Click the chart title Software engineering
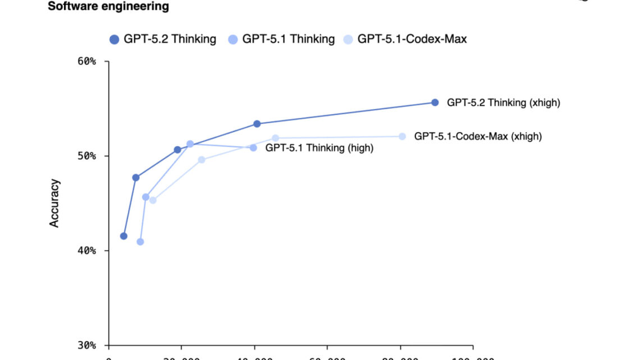tap(108, 7)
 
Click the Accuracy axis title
tap(54, 203)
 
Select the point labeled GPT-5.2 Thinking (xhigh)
tap(435, 102)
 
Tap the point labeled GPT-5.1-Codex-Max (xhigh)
tap(402, 136)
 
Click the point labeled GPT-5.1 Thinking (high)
tap(253, 148)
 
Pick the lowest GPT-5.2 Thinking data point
tap(124, 236)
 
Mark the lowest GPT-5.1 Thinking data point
tap(140, 242)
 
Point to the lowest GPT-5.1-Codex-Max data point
tap(153, 200)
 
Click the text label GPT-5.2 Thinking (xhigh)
tap(503, 103)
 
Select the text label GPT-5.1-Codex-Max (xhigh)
tap(478, 136)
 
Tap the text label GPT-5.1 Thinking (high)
tap(319, 148)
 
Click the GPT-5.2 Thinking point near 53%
tap(257, 124)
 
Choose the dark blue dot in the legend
tap(115, 39)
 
